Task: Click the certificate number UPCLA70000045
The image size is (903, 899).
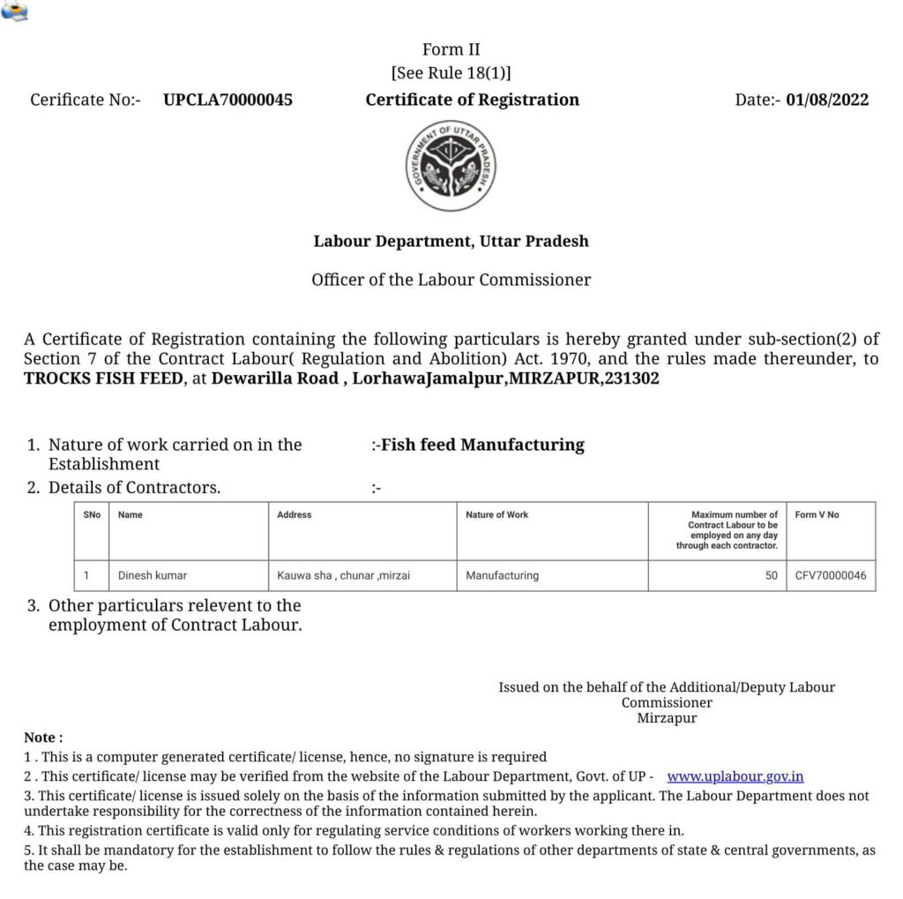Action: click(228, 100)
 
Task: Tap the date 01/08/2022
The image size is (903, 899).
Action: click(827, 100)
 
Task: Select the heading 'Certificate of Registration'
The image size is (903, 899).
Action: click(472, 100)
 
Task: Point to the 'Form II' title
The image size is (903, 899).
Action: click(451, 49)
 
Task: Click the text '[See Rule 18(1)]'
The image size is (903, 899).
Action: click(451, 73)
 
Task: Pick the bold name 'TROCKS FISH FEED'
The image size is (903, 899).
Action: click(103, 378)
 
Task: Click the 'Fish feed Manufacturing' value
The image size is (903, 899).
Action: click(481, 445)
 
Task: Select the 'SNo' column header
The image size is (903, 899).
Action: click(92, 514)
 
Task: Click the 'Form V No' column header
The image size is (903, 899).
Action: click(817, 514)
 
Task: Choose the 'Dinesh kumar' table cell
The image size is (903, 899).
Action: click(153, 575)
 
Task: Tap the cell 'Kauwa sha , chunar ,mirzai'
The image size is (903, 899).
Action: click(344, 575)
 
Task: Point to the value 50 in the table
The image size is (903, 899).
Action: click(771, 575)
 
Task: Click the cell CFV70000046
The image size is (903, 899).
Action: click(830, 575)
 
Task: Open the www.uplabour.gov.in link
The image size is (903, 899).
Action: click(735, 777)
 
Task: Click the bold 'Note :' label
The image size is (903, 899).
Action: click(43, 737)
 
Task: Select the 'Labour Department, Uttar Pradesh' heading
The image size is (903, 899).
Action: click(451, 241)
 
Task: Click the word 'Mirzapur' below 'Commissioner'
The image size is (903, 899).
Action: click(667, 718)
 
